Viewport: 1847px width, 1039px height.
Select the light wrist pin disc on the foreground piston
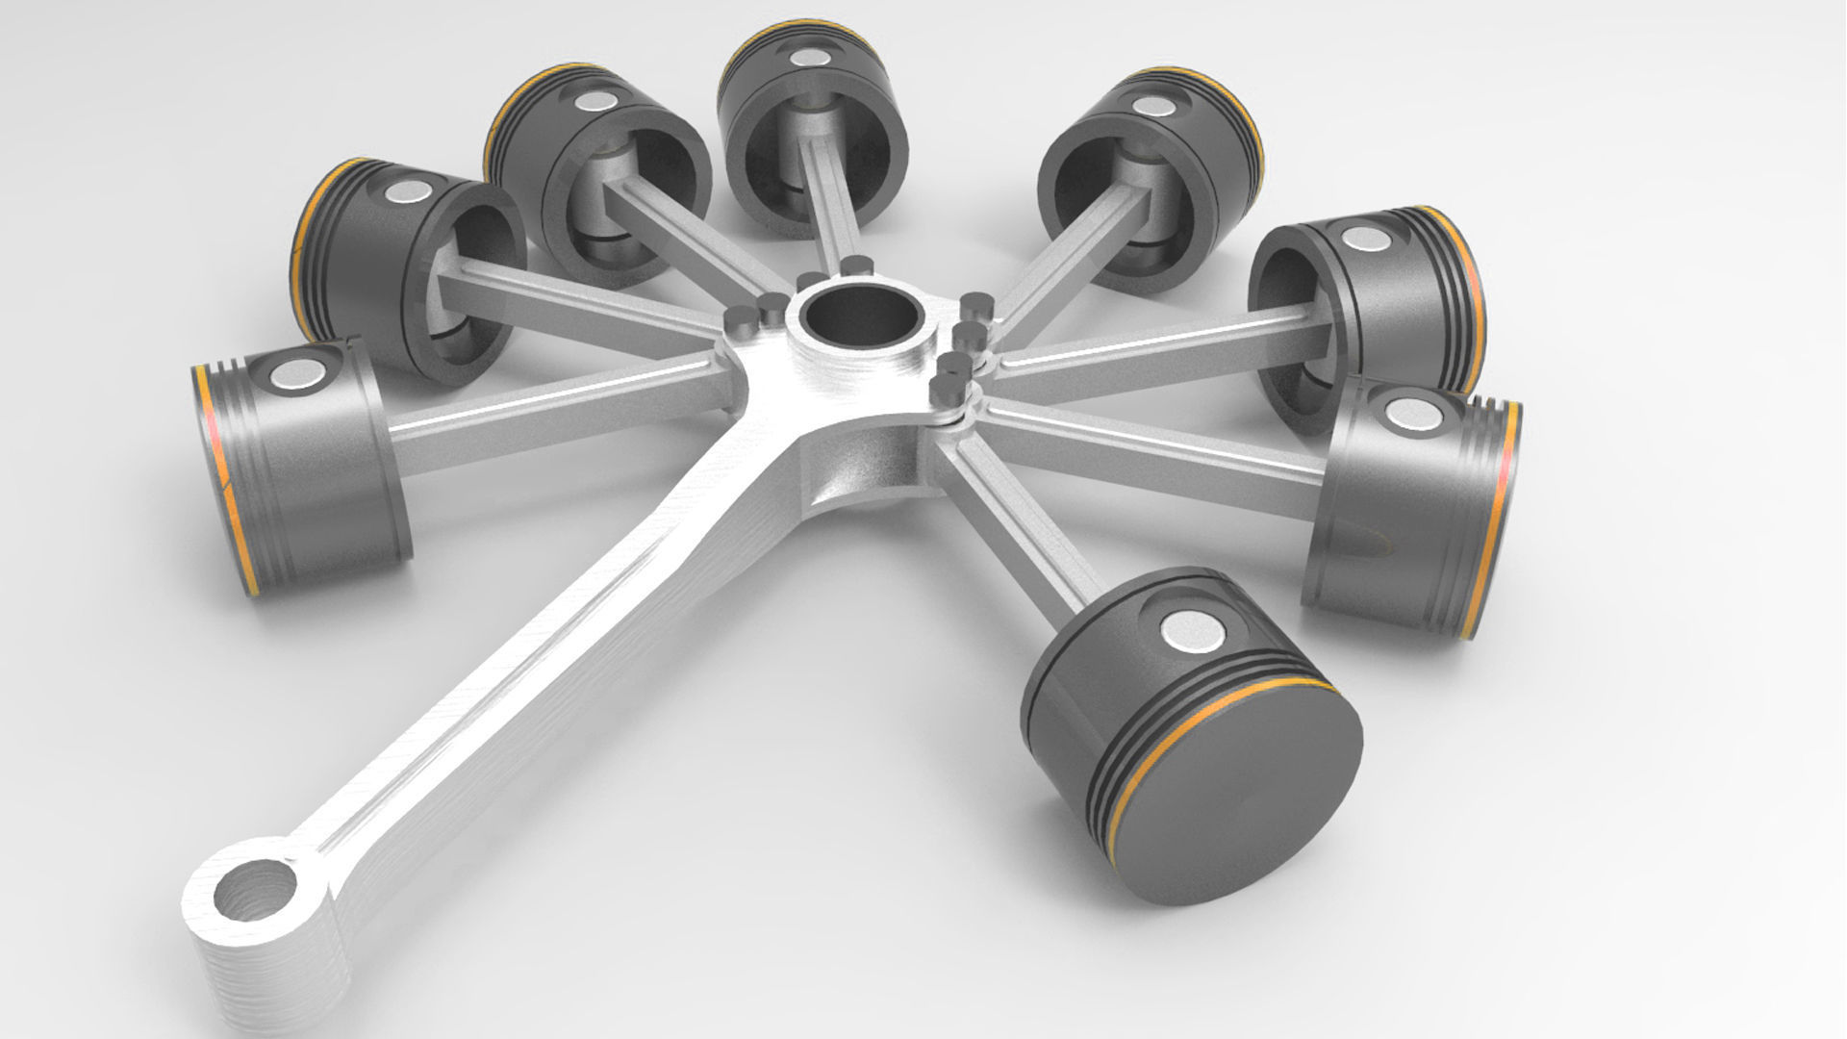(1193, 630)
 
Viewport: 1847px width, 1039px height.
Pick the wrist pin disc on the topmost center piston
(806, 58)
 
